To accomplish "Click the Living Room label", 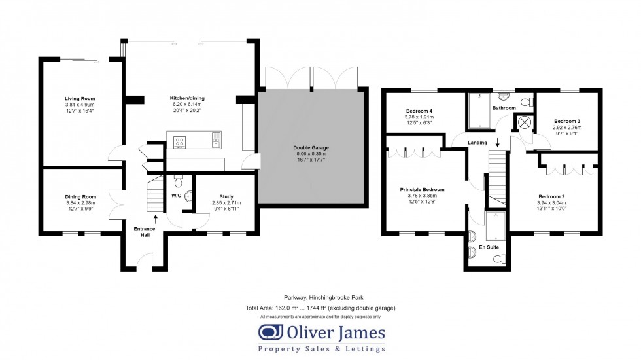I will pos(80,99).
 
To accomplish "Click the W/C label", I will pos(176,195).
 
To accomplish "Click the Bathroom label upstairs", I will pos(504,108).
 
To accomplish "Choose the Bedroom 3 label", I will pos(567,122).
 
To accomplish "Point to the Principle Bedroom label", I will pos(422,190).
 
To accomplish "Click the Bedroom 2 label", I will pos(551,197).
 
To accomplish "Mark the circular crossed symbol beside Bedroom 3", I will pos(523,121).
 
